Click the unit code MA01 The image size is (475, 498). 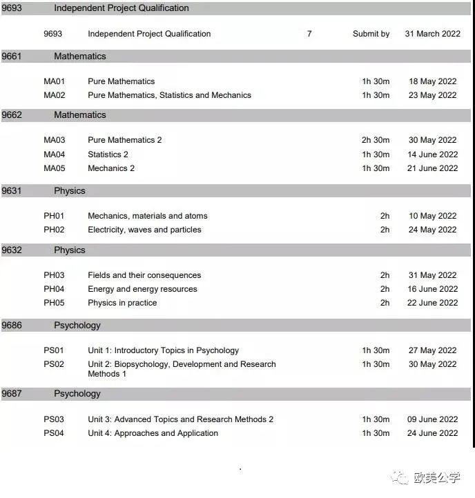[54, 81]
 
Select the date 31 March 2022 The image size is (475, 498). [432, 34]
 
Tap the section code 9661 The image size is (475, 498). [12, 57]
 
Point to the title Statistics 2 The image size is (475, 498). [108, 155]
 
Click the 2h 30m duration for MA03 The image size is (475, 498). [376, 140]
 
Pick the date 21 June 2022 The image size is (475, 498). [432, 168]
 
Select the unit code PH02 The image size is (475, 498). [54, 230]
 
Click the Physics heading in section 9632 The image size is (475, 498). [70, 250]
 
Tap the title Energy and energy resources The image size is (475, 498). [142, 289]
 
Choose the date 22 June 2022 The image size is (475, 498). [432, 303]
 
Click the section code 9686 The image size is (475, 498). [12, 326]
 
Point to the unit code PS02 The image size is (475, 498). [54, 364]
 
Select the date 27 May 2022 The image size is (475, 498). [432, 350]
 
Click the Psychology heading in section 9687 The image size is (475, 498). [77, 394]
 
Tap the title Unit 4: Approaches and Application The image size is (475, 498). [153, 433]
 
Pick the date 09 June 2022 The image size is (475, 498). [432, 419]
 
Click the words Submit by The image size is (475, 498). [371, 34]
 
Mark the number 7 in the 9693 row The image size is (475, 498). [309, 34]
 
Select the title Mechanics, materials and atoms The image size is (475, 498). [147, 216]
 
